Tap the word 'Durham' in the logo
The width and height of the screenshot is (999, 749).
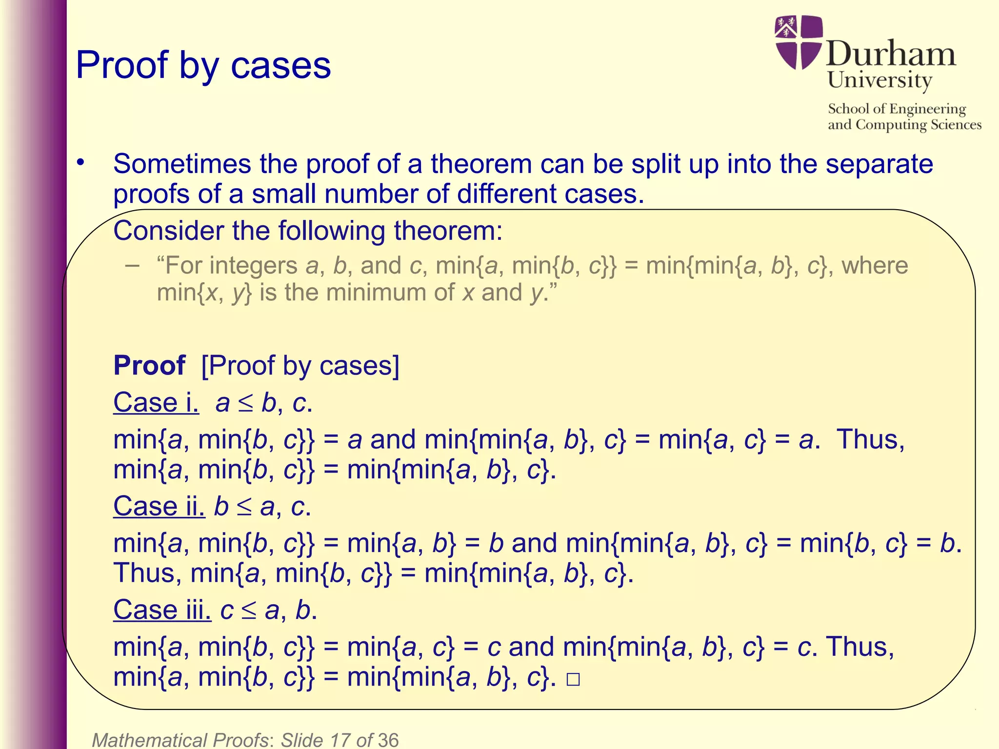click(891, 54)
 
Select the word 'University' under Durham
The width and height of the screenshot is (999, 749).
click(879, 80)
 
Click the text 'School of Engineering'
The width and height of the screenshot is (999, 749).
click(897, 109)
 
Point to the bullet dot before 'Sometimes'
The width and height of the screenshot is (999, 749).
click(80, 163)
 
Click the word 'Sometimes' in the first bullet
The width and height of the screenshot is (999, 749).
click(181, 164)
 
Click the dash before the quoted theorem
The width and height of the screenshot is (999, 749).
click(132, 266)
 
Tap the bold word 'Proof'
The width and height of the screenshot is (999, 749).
click(149, 365)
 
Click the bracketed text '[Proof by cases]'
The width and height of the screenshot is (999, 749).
click(300, 366)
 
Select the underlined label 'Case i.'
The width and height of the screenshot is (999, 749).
click(156, 403)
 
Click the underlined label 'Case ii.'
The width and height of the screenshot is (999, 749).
click(159, 506)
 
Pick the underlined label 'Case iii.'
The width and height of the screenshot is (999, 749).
click(162, 610)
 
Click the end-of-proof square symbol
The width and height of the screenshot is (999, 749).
click(573, 679)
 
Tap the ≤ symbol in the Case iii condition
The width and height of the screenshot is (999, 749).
click(249, 611)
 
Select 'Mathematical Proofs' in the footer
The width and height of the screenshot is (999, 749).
click(180, 740)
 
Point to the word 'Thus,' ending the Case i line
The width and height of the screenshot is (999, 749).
click(870, 439)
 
